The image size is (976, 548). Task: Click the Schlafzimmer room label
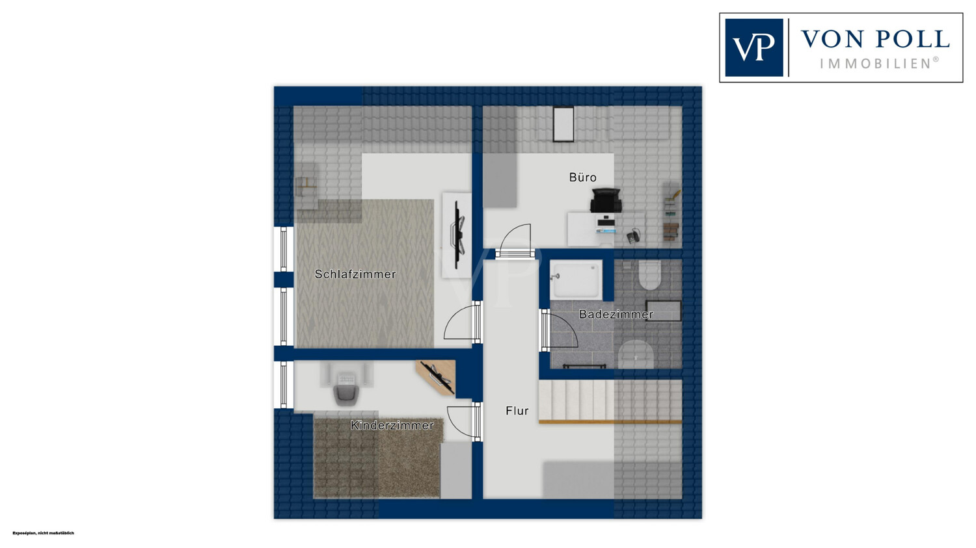[x=355, y=274]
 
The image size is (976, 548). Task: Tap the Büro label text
[x=582, y=177]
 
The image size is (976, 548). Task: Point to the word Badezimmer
[x=616, y=314]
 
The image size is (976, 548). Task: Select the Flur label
[x=517, y=410]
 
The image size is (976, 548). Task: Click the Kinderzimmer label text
[x=392, y=425]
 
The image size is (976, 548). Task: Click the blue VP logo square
[x=753, y=47]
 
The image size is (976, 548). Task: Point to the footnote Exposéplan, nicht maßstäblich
[x=43, y=533]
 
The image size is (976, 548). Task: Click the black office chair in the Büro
[x=606, y=200]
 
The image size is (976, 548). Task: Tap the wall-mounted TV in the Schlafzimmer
[x=457, y=235]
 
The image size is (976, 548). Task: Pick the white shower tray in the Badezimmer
[x=576, y=280]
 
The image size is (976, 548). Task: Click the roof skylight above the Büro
[x=563, y=124]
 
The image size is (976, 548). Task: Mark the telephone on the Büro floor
[x=634, y=235]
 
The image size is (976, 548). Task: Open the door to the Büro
[x=515, y=242]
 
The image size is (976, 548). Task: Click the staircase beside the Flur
[x=610, y=401]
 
